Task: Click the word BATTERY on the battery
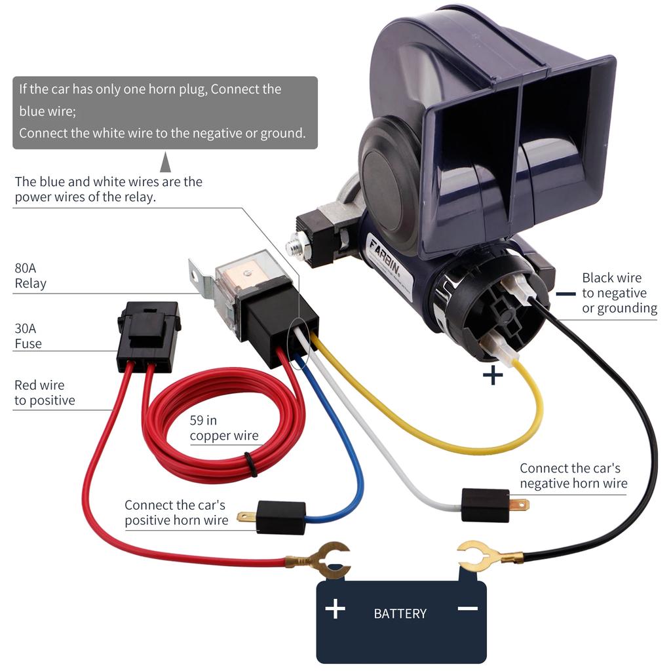pyautogui.click(x=400, y=614)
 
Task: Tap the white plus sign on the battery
pyautogui.click(x=335, y=609)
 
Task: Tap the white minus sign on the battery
pyautogui.click(x=468, y=608)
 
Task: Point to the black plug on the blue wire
pyautogui.click(x=280, y=516)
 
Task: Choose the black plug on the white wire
pyautogui.click(x=486, y=505)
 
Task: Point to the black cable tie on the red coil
pyautogui.click(x=252, y=464)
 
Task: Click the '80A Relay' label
pyautogui.click(x=31, y=276)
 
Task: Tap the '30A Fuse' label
pyautogui.click(x=28, y=336)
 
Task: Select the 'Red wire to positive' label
pyautogui.click(x=45, y=393)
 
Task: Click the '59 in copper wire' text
pyautogui.click(x=224, y=428)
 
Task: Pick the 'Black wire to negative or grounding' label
pyautogui.click(x=619, y=293)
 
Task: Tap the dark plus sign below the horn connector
pyautogui.click(x=493, y=375)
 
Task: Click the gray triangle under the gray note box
pyautogui.click(x=165, y=162)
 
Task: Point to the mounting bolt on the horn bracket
pyautogui.click(x=295, y=248)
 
